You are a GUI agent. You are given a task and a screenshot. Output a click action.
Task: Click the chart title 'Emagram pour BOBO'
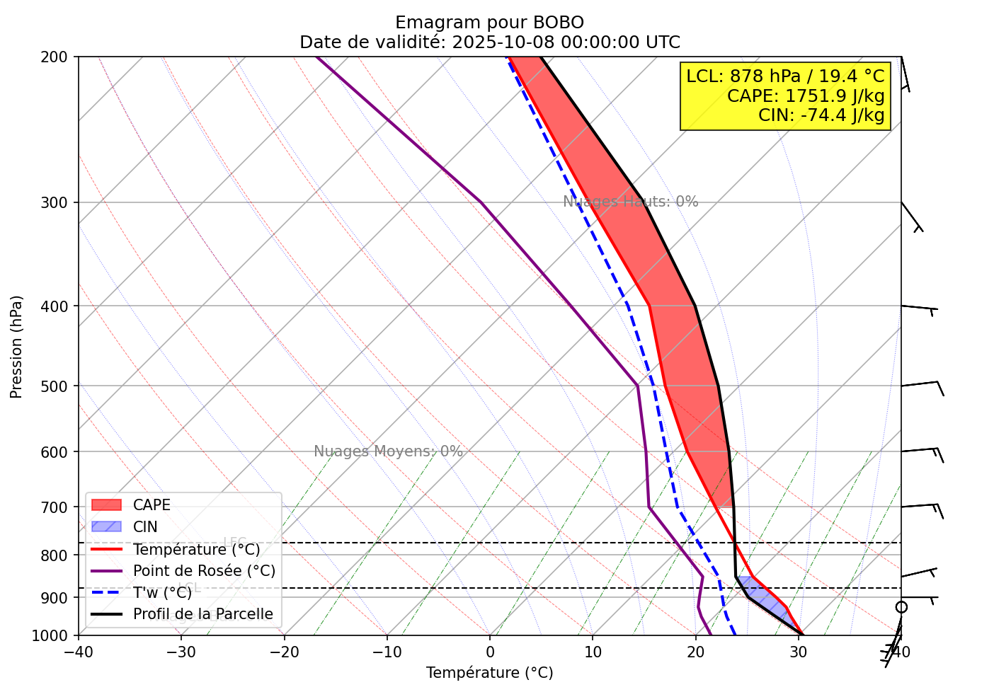coord(489,23)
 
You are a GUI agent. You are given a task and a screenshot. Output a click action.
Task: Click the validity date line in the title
coord(489,42)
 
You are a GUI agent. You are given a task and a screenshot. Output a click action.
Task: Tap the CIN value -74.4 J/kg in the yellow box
coord(821,115)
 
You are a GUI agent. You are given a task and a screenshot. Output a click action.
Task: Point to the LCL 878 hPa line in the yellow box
coord(785,76)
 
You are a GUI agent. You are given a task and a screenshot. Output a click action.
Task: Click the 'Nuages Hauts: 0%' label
coord(630,202)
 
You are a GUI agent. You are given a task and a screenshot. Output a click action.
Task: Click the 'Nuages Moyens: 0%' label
coord(388,451)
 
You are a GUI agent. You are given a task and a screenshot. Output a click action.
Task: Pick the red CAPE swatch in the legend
coord(106,505)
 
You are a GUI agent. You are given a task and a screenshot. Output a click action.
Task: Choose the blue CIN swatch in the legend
coord(106,527)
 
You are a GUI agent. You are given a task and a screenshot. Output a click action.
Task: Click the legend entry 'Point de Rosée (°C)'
coord(204,571)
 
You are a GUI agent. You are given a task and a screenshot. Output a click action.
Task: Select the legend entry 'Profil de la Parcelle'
coord(202,614)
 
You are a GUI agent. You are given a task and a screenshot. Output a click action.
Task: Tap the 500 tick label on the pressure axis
coord(59,386)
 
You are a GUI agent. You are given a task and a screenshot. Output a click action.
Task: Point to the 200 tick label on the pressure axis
coord(59,57)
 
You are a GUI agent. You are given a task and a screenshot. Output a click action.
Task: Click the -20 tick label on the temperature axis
coord(284,652)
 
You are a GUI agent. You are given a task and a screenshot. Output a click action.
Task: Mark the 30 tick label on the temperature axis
coord(798,652)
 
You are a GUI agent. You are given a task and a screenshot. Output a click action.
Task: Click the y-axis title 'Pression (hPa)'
coord(16,347)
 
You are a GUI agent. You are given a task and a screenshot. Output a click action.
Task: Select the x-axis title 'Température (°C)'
coord(489,673)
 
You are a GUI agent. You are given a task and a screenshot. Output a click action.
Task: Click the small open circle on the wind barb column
coord(901,607)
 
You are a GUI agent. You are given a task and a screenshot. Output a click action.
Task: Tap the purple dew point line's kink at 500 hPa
coord(637,386)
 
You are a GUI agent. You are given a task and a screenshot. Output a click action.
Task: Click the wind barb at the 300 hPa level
coord(912,217)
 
